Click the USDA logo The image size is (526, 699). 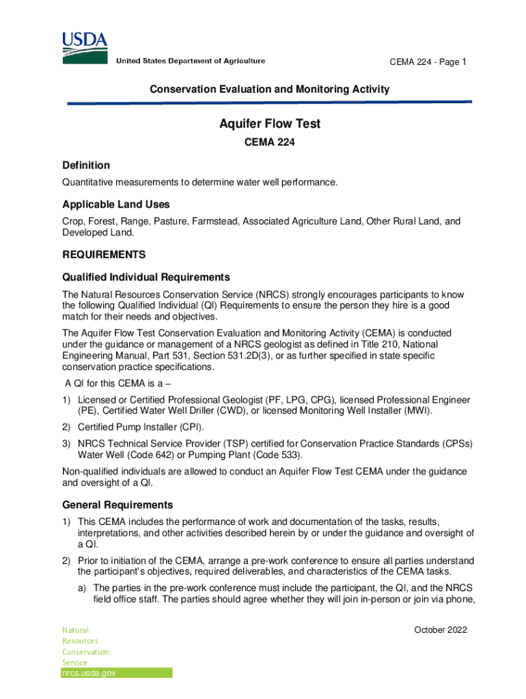click(x=85, y=46)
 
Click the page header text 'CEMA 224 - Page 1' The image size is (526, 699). click(x=428, y=62)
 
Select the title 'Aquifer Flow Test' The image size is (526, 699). click(x=270, y=124)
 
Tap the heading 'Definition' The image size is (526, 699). click(x=86, y=165)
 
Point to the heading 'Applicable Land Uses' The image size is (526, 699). click(x=116, y=205)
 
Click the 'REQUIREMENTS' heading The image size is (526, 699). click(x=104, y=255)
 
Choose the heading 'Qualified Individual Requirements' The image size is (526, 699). click(x=146, y=277)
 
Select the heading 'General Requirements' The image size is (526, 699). click(x=117, y=505)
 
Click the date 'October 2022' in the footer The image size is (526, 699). click(x=441, y=630)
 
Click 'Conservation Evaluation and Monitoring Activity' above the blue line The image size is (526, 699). click(x=270, y=89)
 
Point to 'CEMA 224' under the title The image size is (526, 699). click(x=270, y=144)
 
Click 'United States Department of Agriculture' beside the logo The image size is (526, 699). click(x=191, y=61)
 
